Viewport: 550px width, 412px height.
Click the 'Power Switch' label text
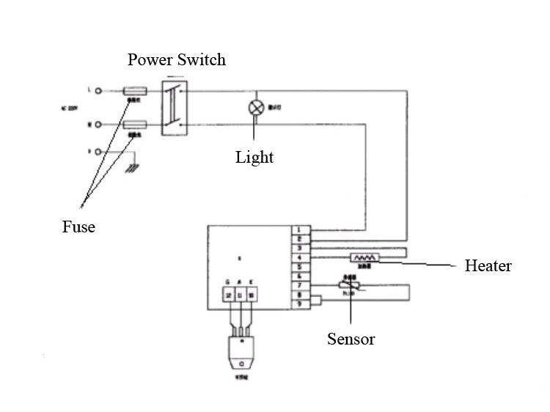(x=176, y=59)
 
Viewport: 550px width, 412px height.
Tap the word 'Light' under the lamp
(x=254, y=157)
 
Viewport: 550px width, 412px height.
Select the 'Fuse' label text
(x=78, y=227)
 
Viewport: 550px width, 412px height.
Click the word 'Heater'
(x=488, y=265)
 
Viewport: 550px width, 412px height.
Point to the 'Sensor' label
(x=351, y=339)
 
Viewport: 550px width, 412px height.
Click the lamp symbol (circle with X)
(x=256, y=107)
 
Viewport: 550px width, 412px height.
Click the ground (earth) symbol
(x=132, y=168)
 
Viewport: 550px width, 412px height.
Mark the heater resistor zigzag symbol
(x=364, y=258)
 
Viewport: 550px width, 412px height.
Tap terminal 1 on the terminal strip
(x=300, y=230)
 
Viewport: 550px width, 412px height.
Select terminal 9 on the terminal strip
(x=300, y=303)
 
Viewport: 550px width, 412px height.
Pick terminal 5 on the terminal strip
(x=300, y=267)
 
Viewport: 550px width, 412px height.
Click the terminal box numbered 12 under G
(x=229, y=295)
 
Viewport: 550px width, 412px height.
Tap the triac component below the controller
(x=241, y=355)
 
